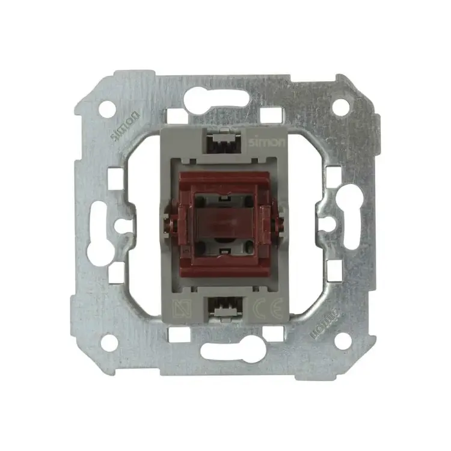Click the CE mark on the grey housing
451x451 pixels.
(268, 309)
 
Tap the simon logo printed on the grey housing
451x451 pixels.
(267, 142)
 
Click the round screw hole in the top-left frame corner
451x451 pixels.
(107, 109)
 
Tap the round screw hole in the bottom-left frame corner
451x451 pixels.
(109, 343)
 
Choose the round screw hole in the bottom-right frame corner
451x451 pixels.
(343, 341)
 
